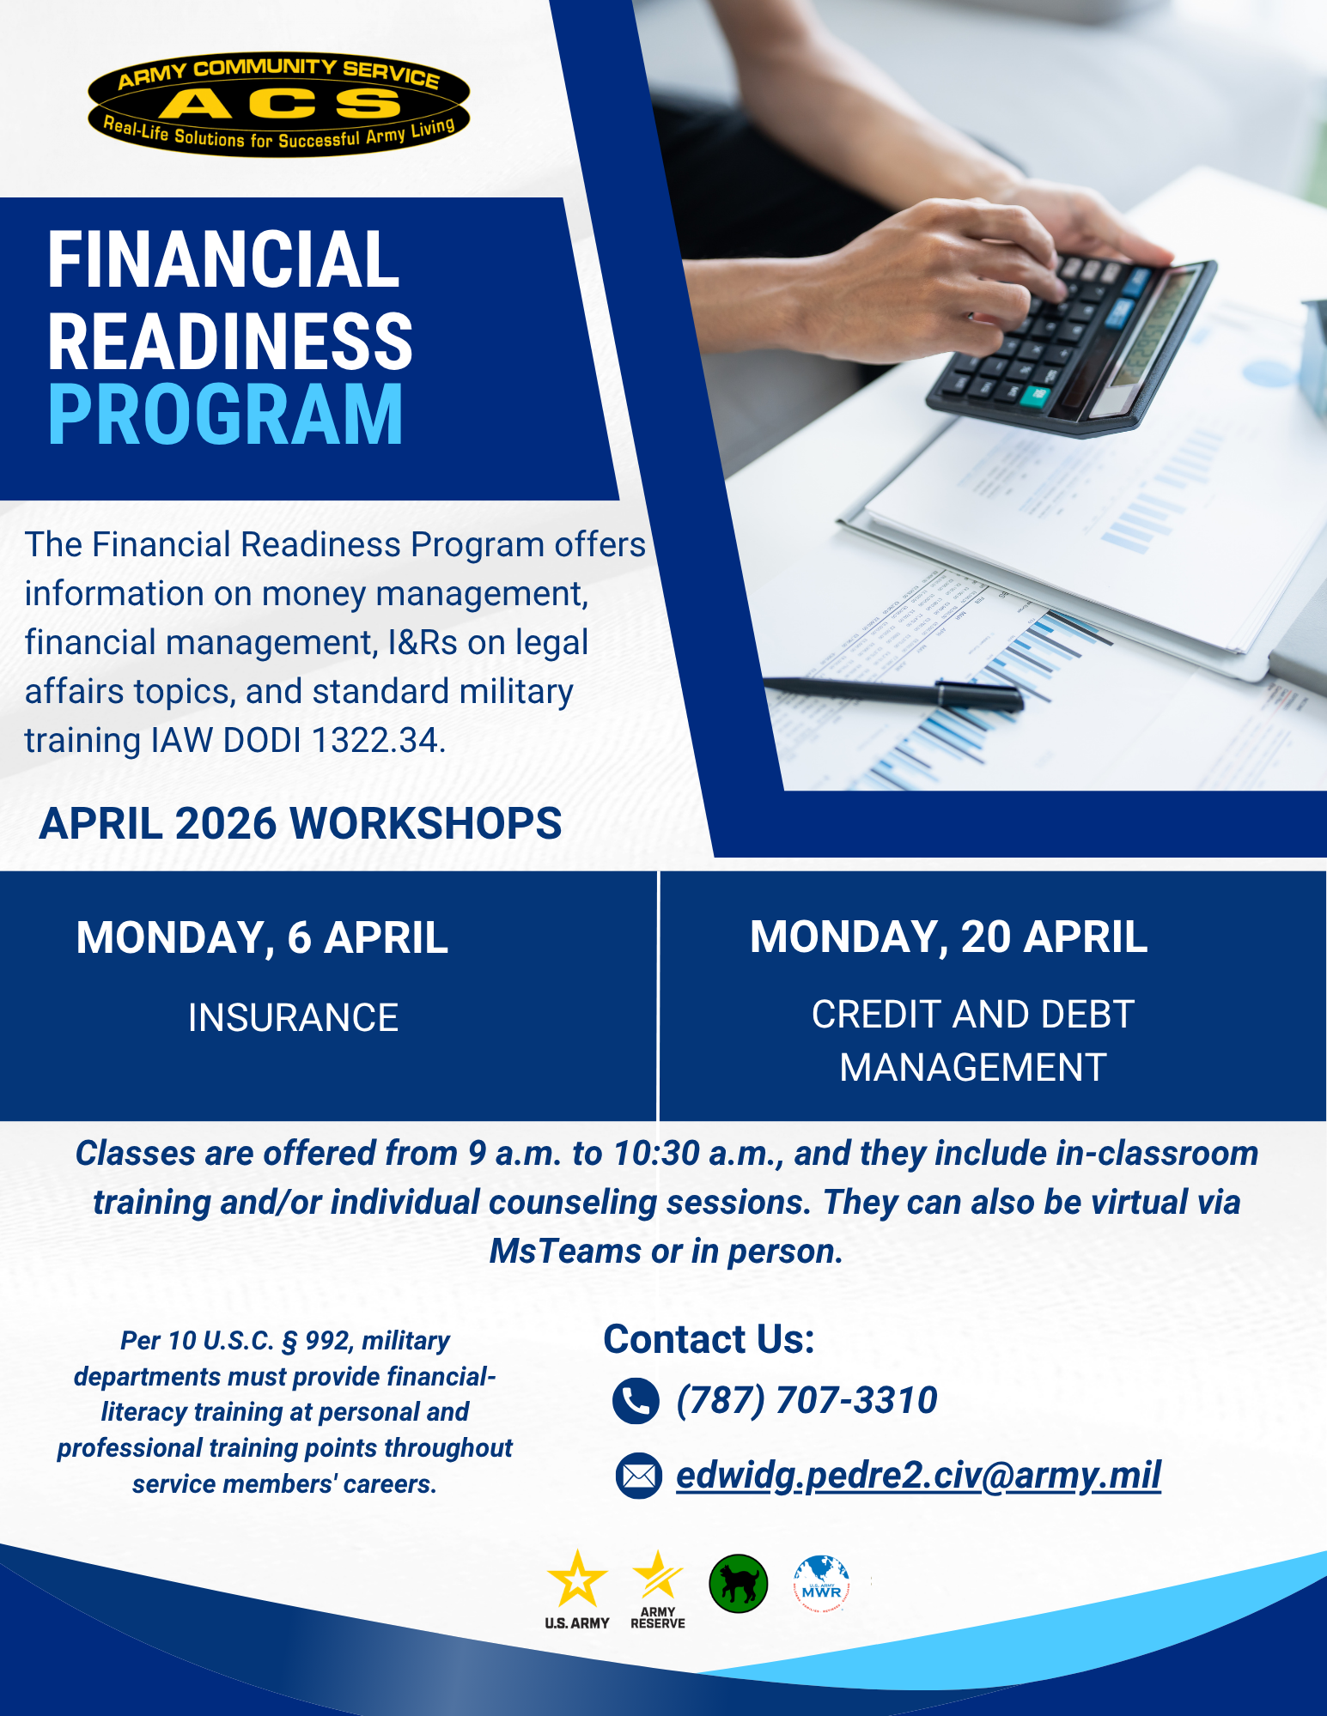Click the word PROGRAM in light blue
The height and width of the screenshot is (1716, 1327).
(x=225, y=415)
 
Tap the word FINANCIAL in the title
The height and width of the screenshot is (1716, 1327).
(x=223, y=259)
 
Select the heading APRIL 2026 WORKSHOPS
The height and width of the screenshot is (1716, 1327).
(x=301, y=823)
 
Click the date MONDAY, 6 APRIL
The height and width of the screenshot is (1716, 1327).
(x=262, y=937)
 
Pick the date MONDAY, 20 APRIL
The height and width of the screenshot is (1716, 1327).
(x=948, y=937)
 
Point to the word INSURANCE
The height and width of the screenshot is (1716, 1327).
(x=293, y=1018)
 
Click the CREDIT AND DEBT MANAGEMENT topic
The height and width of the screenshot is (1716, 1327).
(x=973, y=1040)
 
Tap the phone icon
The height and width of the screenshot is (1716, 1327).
(x=636, y=1401)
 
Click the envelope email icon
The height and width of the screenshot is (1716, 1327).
(x=638, y=1476)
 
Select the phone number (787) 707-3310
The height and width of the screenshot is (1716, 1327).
(x=807, y=1400)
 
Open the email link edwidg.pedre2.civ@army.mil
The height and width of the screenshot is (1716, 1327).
(x=918, y=1476)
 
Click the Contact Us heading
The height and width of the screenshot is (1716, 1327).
(x=709, y=1339)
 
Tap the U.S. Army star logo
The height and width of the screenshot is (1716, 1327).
(x=577, y=1589)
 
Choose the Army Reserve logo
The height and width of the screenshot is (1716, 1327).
(x=658, y=1589)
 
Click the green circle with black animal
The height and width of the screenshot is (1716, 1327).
(x=739, y=1584)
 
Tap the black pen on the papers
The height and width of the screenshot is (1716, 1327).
(x=893, y=692)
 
